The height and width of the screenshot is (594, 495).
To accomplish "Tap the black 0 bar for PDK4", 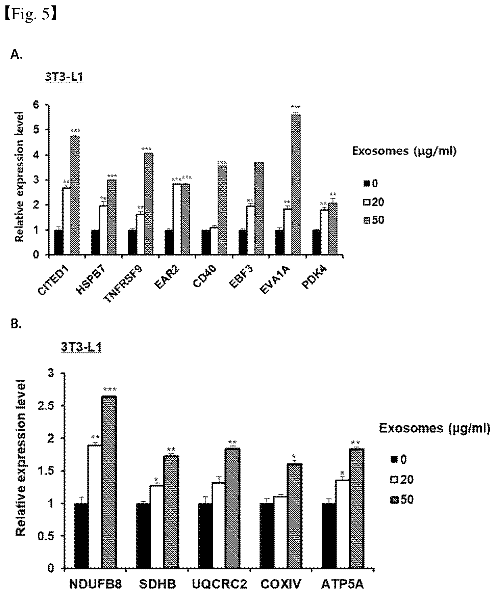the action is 317,243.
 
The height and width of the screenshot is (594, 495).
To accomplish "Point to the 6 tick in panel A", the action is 36,105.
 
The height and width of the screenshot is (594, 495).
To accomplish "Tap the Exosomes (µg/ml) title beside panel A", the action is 404,151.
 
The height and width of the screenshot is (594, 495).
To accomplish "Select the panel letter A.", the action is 17,55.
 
